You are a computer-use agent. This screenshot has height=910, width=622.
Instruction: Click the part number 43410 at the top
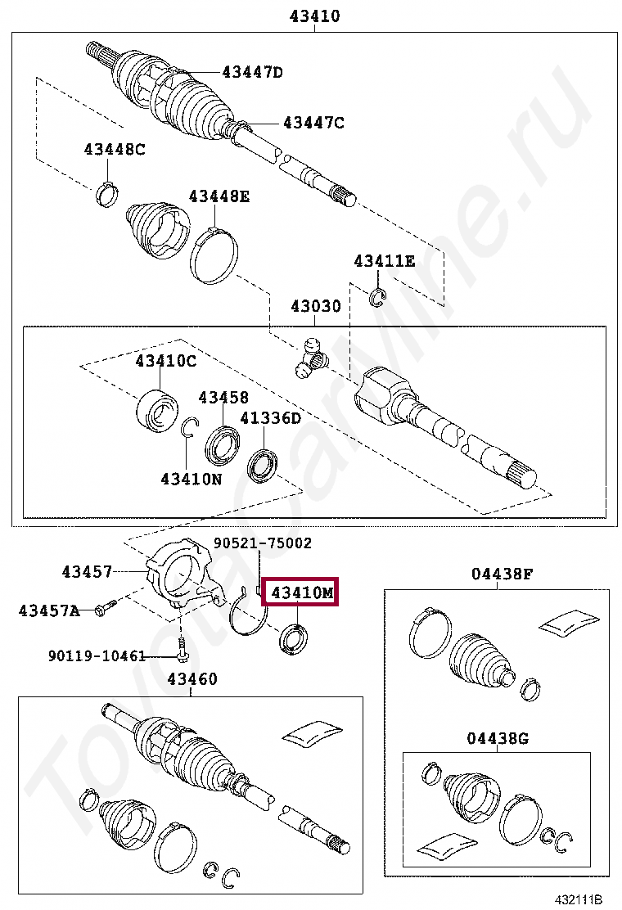314,16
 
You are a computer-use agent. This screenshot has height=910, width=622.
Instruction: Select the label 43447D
252,72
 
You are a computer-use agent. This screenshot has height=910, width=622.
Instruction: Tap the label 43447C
313,123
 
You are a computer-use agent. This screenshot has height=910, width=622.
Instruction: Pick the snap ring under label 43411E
376,298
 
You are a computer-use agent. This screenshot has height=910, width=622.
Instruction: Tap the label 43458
223,397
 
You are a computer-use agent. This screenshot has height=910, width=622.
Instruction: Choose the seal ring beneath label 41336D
264,464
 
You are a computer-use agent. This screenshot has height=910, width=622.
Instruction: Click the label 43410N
191,479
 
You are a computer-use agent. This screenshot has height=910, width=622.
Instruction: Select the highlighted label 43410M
302,592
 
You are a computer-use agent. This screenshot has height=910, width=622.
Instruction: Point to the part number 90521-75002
263,543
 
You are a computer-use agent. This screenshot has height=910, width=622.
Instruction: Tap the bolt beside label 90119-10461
182,652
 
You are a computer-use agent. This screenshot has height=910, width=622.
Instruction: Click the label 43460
192,678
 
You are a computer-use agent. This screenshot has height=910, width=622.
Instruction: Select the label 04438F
501,574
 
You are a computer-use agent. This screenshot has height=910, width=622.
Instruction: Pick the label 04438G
498,738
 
